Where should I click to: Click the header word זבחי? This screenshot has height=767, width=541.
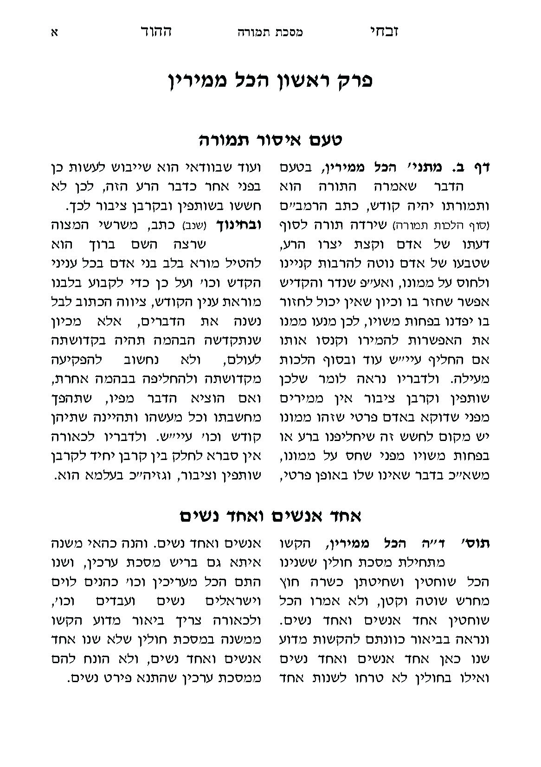point(383,32)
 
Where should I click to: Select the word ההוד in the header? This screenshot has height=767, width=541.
point(156,32)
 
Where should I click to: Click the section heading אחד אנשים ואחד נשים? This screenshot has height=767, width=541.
point(270,515)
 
